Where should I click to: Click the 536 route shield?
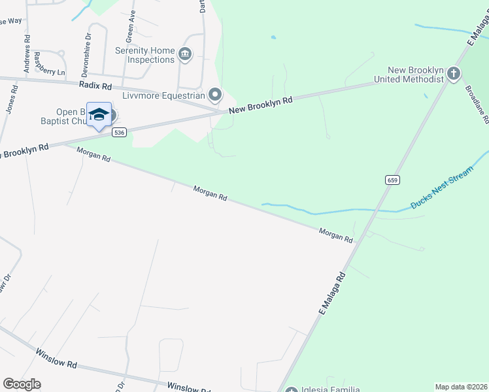118,132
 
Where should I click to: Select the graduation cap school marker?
99,115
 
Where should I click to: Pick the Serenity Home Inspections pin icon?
184,54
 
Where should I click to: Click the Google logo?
22,384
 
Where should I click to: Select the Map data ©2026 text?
461,387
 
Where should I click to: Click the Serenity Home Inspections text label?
145,55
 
